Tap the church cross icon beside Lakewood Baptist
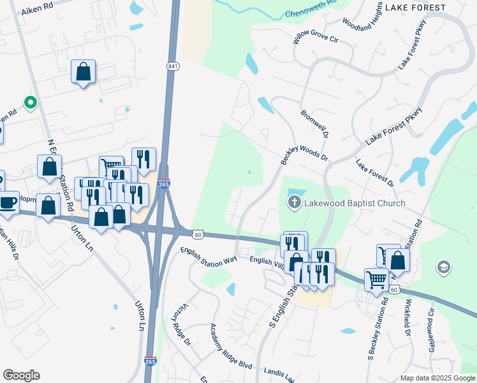(x=294, y=204)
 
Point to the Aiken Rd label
(x=36, y=11)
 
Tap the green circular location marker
(x=29, y=102)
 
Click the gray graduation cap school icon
(x=443, y=267)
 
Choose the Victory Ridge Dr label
(x=179, y=324)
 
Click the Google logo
(x=21, y=375)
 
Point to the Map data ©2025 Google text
(x=437, y=378)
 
